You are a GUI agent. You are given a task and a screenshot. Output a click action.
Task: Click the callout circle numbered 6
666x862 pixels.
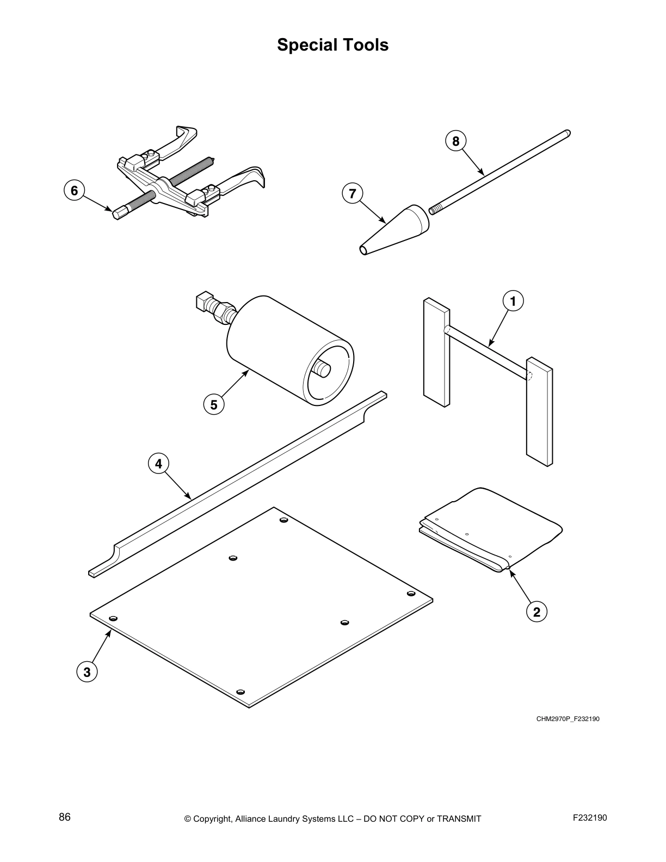click(x=75, y=190)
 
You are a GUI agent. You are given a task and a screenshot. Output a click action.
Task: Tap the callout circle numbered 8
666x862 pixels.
click(x=456, y=141)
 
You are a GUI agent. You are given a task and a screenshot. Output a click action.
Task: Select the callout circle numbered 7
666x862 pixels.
click(x=353, y=194)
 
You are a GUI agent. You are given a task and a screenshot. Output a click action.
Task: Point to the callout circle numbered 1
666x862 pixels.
click(x=513, y=300)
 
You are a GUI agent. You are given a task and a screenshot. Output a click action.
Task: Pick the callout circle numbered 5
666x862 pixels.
click(x=213, y=405)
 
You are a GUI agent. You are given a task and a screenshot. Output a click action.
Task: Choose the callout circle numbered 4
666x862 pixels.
click(x=158, y=464)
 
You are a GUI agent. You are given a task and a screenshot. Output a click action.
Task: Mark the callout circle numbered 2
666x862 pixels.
click(x=536, y=612)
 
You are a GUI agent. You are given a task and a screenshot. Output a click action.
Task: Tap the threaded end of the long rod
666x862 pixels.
click(x=436, y=208)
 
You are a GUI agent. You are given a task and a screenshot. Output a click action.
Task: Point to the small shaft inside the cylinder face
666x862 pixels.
click(x=322, y=370)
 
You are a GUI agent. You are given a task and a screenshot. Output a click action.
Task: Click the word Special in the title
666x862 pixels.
click(x=305, y=45)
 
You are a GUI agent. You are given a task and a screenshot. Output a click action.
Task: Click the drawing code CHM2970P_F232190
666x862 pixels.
click(x=568, y=719)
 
